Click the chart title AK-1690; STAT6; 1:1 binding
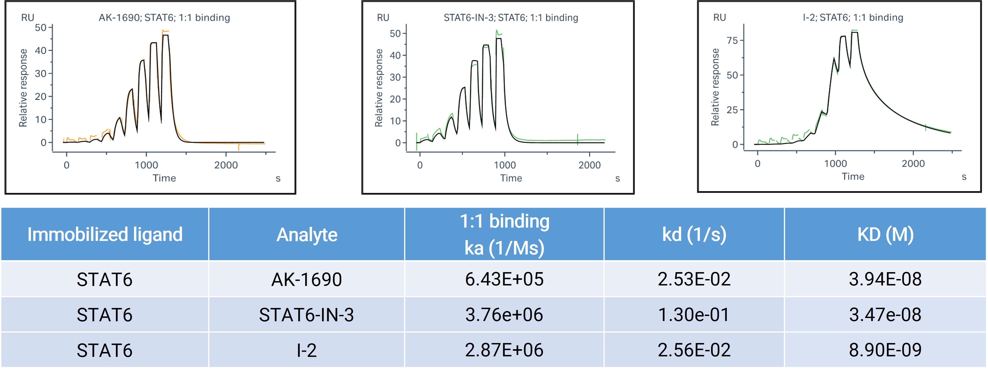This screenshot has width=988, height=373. [x=164, y=18]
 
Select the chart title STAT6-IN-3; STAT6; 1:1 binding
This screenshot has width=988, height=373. [x=510, y=18]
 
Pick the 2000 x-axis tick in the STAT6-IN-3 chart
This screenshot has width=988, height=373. [x=589, y=165]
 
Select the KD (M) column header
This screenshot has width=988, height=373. [x=885, y=235]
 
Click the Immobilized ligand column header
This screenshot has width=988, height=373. [x=105, y=235]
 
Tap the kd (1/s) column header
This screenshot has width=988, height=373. [x=694, y=235]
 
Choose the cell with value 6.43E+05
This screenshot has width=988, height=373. [x=504, y=279]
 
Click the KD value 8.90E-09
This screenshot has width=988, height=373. [x=885, y=350]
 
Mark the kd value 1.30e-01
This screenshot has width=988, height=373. [x=694, y=315]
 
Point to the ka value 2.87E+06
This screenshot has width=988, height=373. [x=504, y=350]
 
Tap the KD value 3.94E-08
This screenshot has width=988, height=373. [x=885, y=279]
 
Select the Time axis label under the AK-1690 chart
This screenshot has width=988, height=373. [x=164, y=178]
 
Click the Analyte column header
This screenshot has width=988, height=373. [x=306, y=235]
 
